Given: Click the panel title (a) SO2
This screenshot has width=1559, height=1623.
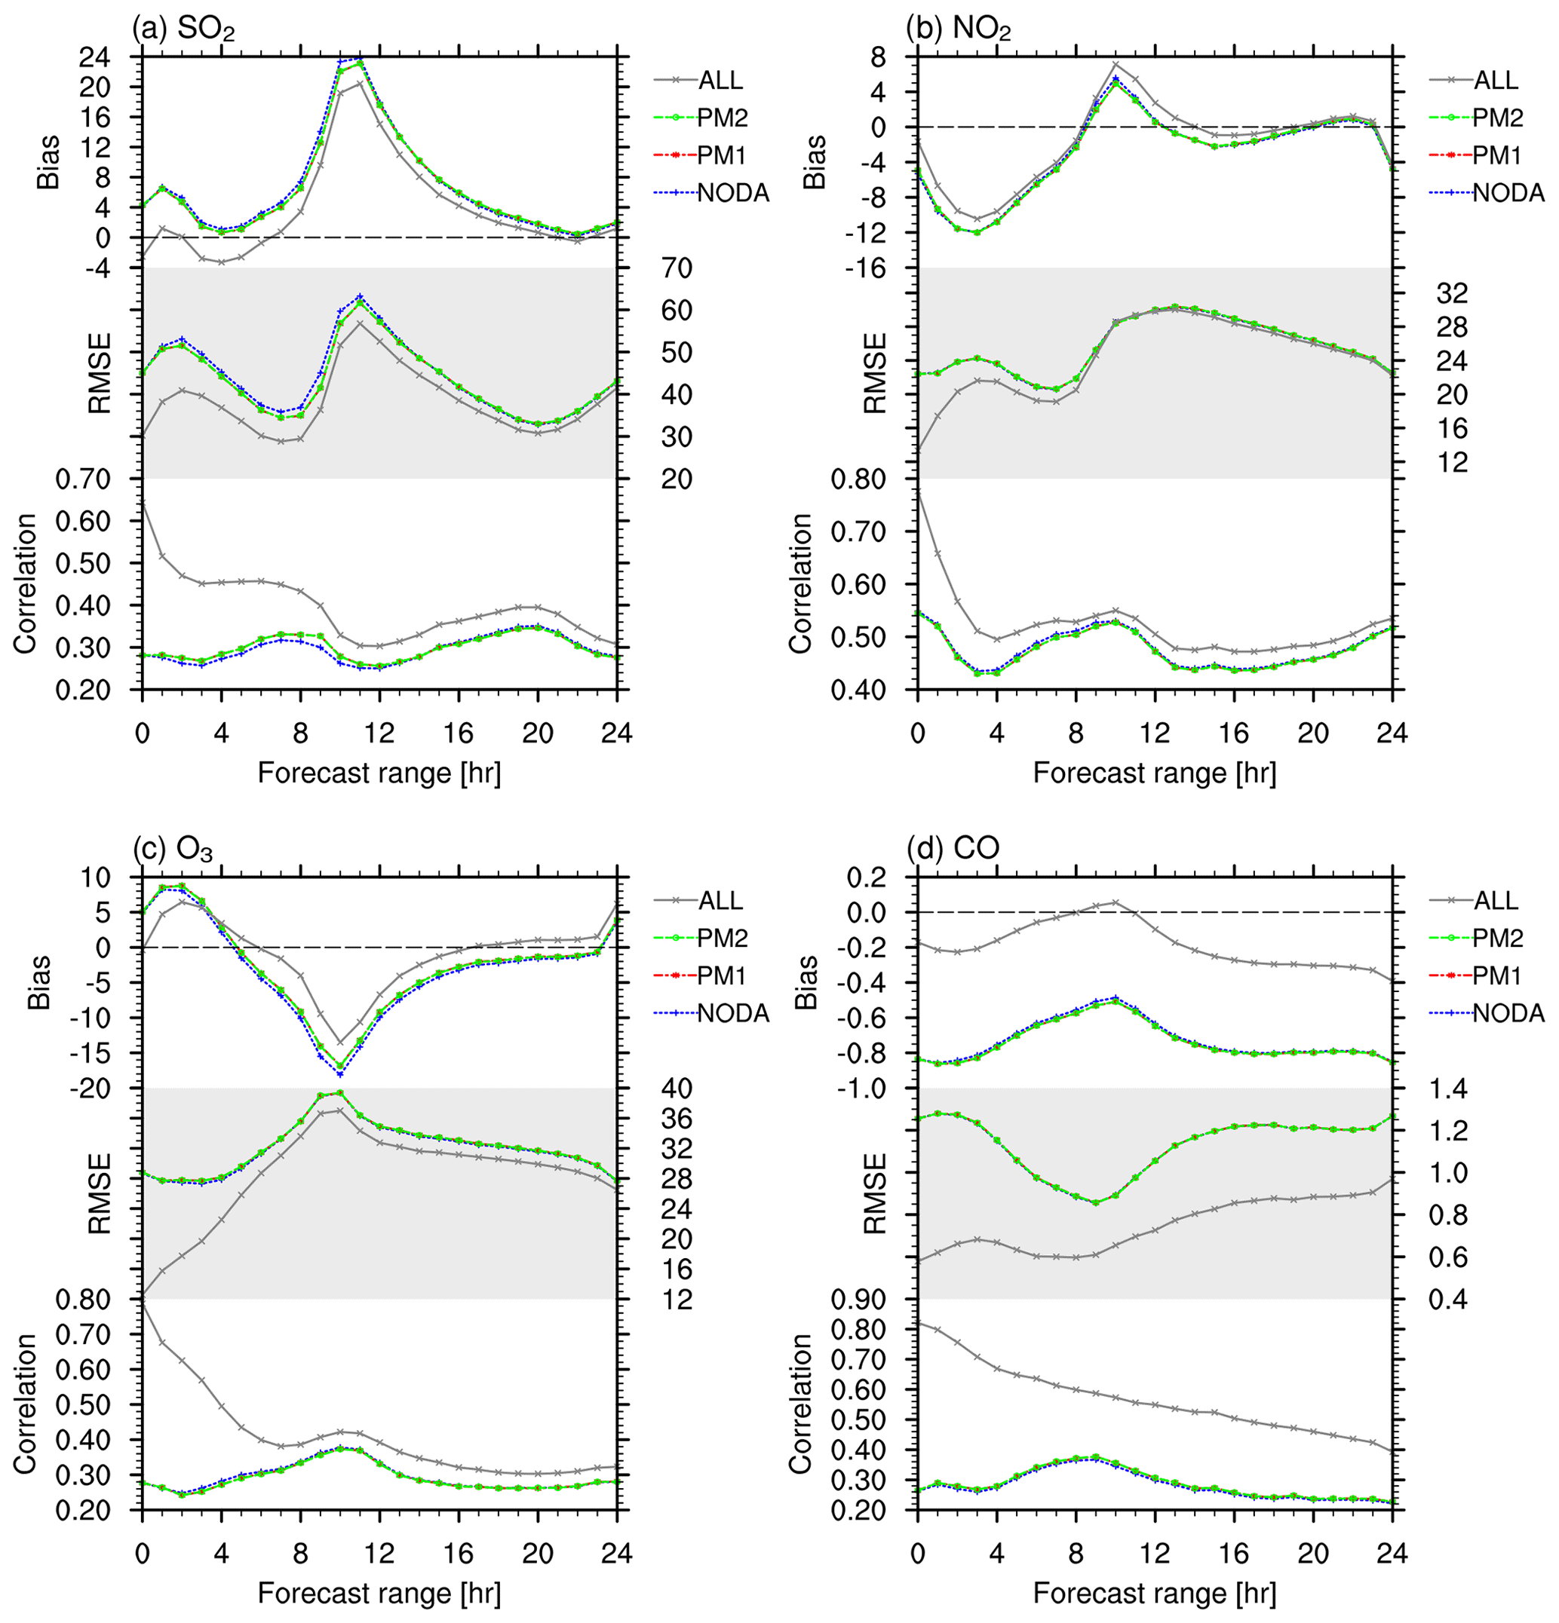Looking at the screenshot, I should [x=183, y=31].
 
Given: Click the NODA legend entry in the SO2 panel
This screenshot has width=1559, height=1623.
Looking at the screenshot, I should [x=733, y=193].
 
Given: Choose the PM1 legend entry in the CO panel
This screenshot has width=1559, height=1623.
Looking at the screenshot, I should [x=1496, y=975].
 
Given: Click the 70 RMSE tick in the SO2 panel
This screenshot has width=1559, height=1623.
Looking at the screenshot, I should [x=676, y=268].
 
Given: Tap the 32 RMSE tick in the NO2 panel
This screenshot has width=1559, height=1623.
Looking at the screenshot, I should [x=1451, y=293].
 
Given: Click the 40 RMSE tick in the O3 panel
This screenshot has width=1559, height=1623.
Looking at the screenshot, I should [x=676, y=1088].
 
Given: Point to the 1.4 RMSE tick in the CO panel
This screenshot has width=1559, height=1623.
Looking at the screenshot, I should [x=1448, y=1088].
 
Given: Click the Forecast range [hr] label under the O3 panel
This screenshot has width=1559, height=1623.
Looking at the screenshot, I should [x=379, y=1593].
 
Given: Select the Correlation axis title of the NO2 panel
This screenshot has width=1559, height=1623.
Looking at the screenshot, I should [x=800, y=583].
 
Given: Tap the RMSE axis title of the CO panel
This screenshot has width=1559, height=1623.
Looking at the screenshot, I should [x=875, y=1193].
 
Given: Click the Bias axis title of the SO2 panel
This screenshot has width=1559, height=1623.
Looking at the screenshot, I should [x=49, y=161].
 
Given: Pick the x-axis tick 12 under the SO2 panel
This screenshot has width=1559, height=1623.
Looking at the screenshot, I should [x=379, y=733].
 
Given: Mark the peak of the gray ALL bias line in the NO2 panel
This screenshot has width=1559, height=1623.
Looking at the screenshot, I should [x=1116, y=64].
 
